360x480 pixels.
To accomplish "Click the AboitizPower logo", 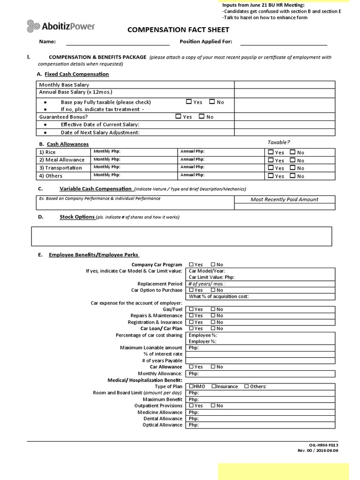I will pyautogui.click(x=61, y=26).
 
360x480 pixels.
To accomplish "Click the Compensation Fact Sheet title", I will pyautogui.click(x=179, y=30).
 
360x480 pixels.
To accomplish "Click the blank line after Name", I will pyautogui.click(x=118, y=42).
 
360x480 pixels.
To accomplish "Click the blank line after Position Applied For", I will pyautogui.click(x=284, y=42).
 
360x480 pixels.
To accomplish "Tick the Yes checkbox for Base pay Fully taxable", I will pyautogui.click(x=188, y=101).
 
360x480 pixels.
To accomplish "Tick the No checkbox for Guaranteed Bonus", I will pyautogui.click(x=202, y=116).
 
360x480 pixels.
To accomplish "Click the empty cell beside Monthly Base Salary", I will pyautogui.click(x=285, y=84).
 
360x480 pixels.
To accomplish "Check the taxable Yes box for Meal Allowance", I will pyautogui.click(x=270, y=160).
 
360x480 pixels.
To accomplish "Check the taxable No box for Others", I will pyautogui.click(x=292, y=176).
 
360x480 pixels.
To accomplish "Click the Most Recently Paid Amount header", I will pyautogui.click(x=285, y=199).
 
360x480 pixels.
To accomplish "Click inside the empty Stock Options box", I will pyautogui.click(x=181, y=236).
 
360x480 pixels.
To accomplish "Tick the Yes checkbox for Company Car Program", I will pyautogui.click(x=191, y=264).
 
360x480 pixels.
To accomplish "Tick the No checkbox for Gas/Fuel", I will pyautogui.click(x=213, y=309).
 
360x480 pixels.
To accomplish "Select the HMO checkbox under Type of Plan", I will pyautogui.click(x=191, y=386).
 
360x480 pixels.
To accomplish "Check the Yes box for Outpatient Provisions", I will pyautogui.click(x=191, y=405).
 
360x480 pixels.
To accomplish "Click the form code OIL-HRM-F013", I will pyautogui.click(x=323, y=444).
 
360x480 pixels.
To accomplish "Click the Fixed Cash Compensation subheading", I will pyautogui.click(x=77, y=74).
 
